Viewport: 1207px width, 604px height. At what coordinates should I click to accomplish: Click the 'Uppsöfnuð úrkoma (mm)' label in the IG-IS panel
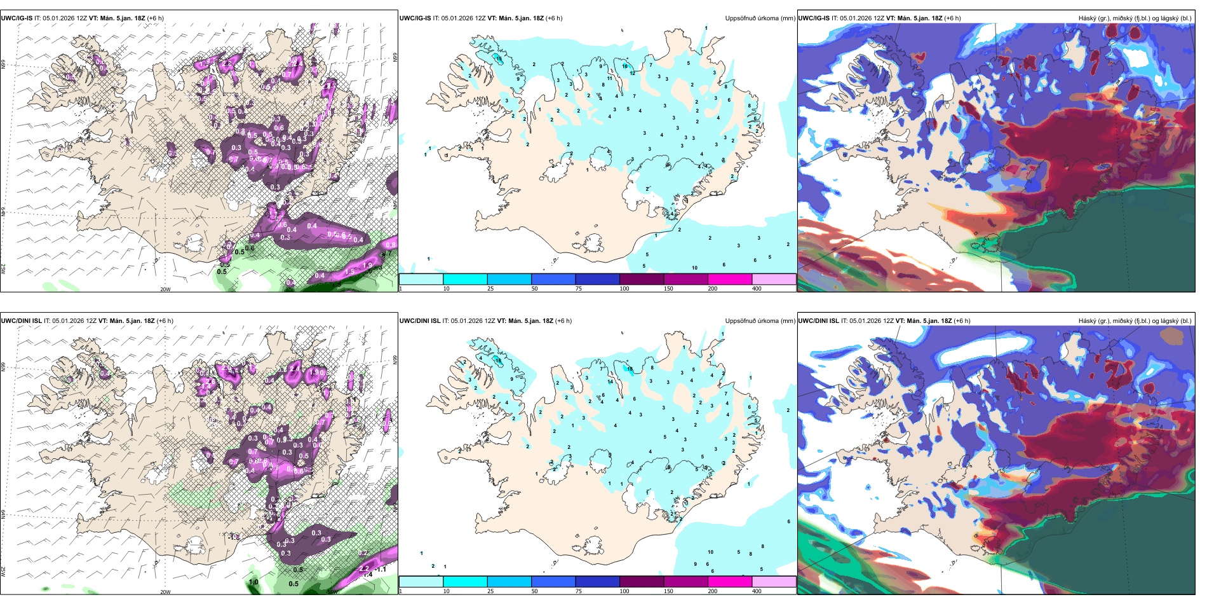(760, 18)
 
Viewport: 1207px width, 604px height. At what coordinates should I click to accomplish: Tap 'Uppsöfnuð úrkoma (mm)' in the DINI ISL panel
(760, 321)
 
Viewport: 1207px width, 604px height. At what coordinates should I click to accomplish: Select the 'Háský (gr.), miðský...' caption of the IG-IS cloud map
(1135, 18)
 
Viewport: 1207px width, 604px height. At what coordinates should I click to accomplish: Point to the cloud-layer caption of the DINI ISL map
(1135, 321)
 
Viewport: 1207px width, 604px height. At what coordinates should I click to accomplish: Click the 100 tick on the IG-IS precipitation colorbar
(624, 289)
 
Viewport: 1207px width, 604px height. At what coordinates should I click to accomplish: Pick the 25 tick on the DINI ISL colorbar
(490, 591)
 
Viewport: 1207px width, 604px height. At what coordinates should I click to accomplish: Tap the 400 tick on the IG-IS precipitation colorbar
(757, 289)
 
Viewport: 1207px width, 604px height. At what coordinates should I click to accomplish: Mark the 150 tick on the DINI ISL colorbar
(668, 591)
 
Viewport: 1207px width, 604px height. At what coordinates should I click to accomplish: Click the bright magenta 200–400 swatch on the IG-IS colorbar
(729, 279)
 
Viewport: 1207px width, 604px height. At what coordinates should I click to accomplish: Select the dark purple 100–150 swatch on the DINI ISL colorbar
(641, 582)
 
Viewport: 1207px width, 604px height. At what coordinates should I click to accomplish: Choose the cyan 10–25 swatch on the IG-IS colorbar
(465, 279)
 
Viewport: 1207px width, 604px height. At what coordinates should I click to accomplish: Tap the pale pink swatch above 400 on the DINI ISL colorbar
(774, 582)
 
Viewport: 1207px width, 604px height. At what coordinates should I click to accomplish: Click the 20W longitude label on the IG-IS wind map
(165, 289)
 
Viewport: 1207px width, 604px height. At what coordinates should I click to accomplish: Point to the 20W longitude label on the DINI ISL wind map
(165, 592)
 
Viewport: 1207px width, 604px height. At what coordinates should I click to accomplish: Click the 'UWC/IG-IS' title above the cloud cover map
(814, 18)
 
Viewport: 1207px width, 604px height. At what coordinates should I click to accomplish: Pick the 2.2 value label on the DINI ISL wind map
(364, 568)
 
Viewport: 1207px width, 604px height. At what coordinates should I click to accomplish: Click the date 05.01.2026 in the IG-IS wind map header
(58, 18)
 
